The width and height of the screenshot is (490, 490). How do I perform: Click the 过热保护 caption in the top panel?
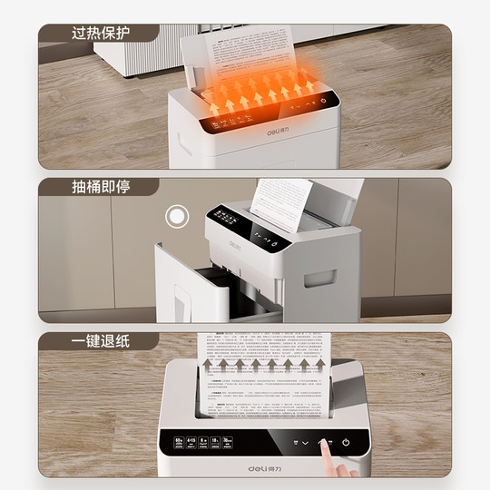click(x=100, y=34)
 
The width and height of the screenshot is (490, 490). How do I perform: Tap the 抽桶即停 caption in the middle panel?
click(x=100, y=187)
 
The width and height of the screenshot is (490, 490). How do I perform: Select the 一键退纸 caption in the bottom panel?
click(x=100, y=341)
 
